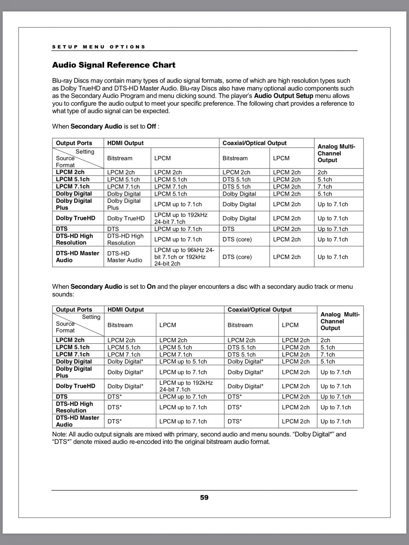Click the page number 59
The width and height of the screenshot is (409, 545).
tap(204, 497)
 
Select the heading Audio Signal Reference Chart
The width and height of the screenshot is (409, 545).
tap(114, 65)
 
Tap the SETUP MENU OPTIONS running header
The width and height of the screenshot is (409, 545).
tap(98, 47)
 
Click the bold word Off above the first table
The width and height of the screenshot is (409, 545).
tap(151, 126)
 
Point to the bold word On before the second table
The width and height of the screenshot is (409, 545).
tap(151, 287)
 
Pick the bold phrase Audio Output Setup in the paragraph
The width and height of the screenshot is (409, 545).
tap(283, 96)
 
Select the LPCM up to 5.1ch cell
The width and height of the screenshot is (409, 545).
tap(183, 361)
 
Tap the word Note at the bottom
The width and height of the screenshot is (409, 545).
tap(59, 434)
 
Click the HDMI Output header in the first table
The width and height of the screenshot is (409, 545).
tap(125, 143)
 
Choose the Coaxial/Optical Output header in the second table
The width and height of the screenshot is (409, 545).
tap(259, 310)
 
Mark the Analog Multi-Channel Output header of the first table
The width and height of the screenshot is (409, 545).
tap(336, 153)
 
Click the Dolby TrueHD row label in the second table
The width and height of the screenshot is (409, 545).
tap(75, 386)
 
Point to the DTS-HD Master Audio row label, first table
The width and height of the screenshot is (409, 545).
tap(77, 257)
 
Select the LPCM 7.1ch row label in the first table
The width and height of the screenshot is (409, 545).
tap(73, 187)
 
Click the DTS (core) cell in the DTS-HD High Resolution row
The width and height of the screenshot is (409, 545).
tap(237, 239)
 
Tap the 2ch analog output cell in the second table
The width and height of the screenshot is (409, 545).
tap(325, 340)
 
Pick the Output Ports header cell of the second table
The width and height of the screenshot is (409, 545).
tap(74, 310)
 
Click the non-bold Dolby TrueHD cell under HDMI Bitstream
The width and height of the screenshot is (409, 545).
tap(126, 218)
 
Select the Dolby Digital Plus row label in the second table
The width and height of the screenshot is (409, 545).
tap(74, 372)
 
